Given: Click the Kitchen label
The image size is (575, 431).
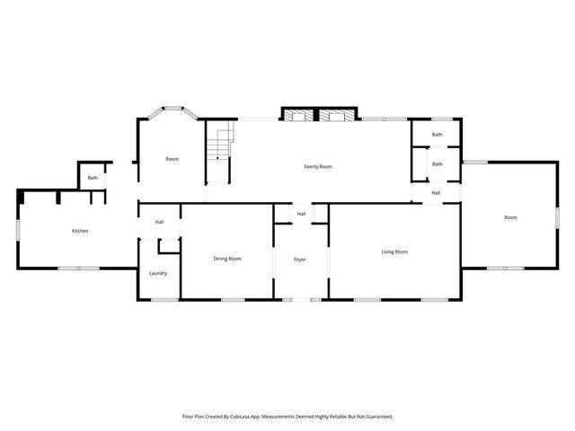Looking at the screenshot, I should pyautogui.click(x=80, y=231).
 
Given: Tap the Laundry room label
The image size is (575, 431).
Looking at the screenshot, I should pyautogui.click(x=158, y=273).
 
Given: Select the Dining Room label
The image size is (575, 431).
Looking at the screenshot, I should pyautogui.click(x=226, y=259).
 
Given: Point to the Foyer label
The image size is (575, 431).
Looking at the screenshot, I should pyautogui.click(x=300, y=259).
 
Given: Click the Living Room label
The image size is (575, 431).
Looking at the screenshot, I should pyautogui.click(x=394, y=251).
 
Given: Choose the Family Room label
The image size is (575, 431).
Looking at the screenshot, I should pyautogui.click(x=318, y=166).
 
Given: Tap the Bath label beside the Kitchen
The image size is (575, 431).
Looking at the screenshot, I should pyautogui.click(x=93, y=178).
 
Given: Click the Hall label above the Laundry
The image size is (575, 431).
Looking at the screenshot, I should pyautogui.click(x=159, y=222).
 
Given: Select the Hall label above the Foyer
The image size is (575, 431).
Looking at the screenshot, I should pyautogui.click(x=301, y=214).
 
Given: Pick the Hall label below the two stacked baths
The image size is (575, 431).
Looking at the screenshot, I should pyautogui.click(x=436, y=192).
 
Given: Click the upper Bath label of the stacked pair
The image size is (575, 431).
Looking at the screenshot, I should pyautogui.click(x=437, y=135).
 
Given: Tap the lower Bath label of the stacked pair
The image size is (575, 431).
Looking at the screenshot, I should pyautogui.click(x=437, y=163).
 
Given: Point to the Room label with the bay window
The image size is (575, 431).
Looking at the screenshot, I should pyautogui.click(x=172, y=159).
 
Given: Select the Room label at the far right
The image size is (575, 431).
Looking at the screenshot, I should pyautogui.click(x=510, y=217).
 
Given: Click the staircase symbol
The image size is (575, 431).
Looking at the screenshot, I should pyautogui.click(x=219, y=144).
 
